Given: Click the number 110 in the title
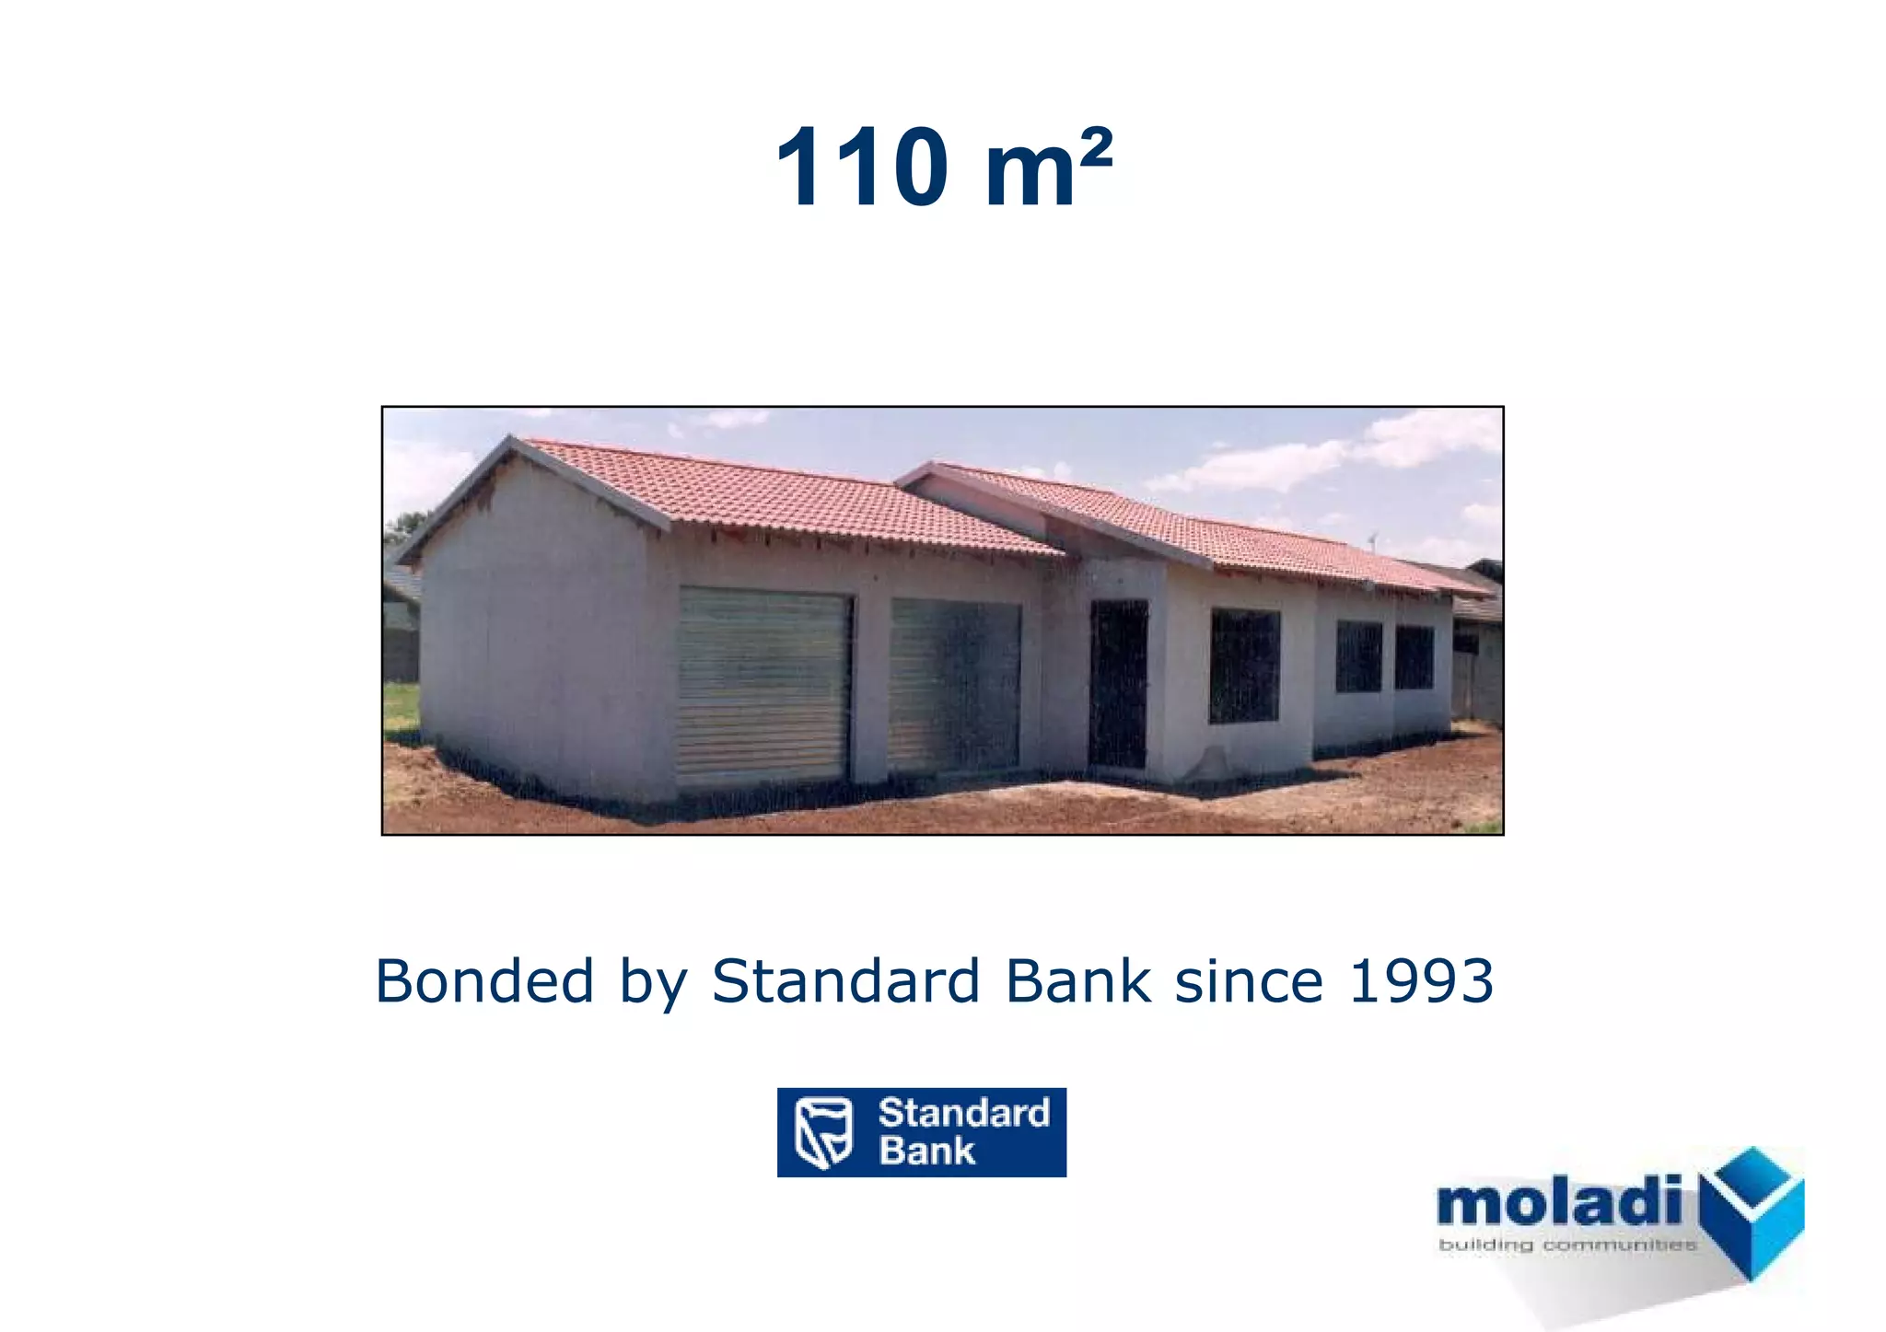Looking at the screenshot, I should pos(862,168).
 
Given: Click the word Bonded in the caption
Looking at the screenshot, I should pos(484,981).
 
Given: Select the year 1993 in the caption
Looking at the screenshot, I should pos(1420,981).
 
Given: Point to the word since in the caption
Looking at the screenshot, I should pos(1249,981).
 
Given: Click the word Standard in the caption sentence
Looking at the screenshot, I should pos(845,981).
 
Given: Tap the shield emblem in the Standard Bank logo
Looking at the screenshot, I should pos(822,1132).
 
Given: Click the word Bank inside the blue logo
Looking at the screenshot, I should pos(926,1152).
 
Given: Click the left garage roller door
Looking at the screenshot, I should pos(763,686).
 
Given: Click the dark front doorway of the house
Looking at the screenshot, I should pos(1118,683).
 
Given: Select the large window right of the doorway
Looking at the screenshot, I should pos(1244,665).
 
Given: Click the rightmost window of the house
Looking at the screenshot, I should pos(1414,656).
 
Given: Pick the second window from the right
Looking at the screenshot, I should pos(1358,656).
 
